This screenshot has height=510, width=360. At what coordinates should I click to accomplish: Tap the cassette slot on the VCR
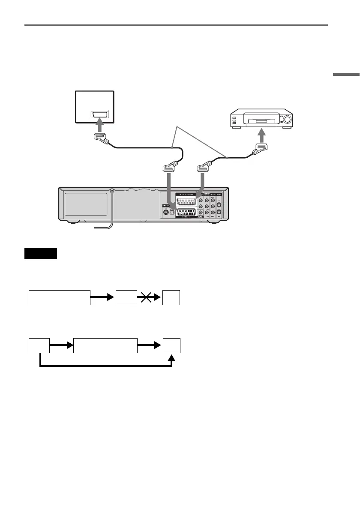pos(261,122)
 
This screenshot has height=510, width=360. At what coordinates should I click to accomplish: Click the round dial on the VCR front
pos(286,120)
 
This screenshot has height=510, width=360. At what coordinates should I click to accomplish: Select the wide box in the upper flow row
pos(60,297)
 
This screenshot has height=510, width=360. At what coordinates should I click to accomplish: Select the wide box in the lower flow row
pos(106,345)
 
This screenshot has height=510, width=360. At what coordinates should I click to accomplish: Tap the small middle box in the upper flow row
pos(126,297)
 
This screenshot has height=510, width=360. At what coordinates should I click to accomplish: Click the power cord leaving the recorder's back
pos(111,210)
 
